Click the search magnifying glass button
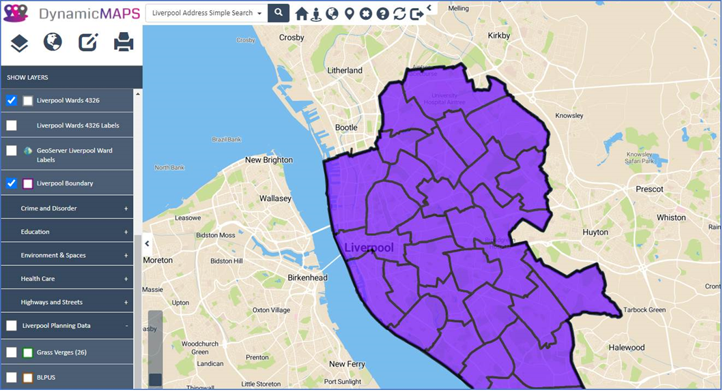coord(279,13)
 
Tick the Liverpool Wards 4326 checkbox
coord(12,101)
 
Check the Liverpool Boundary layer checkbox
coord(12,183)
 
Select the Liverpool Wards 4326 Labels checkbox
coord(12,125)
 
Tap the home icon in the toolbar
coord(301,14)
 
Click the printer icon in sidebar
coord(124,43)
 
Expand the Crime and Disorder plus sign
coord(126,209)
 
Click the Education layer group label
coord(36,232)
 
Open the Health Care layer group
coord(38,279)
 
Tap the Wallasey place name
coord(275,199)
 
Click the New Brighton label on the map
coord(268,160)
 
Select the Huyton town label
coord(595,232)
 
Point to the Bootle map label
coord(346,127)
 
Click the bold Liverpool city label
coord(369,248)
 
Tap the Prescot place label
coord(649,189)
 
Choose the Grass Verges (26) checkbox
coord(12,352)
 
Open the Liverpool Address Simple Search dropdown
coord(208,13)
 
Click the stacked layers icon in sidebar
coord(19,43)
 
